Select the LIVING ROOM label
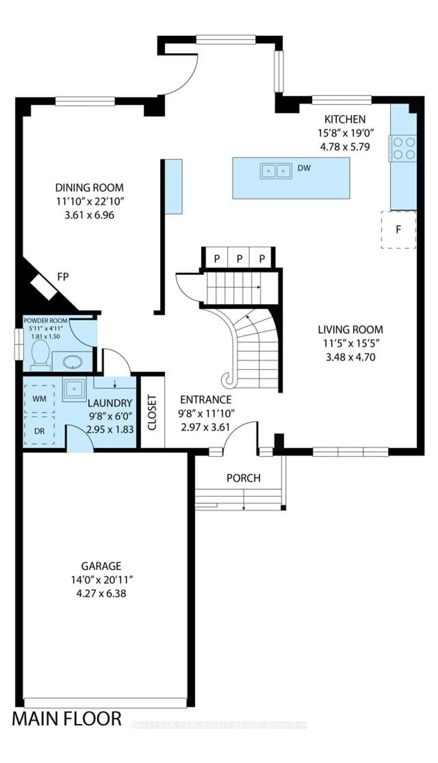pos(351,330)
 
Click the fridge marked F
pos(398,230)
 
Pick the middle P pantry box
pos(239,258)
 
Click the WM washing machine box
pos(39,399)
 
